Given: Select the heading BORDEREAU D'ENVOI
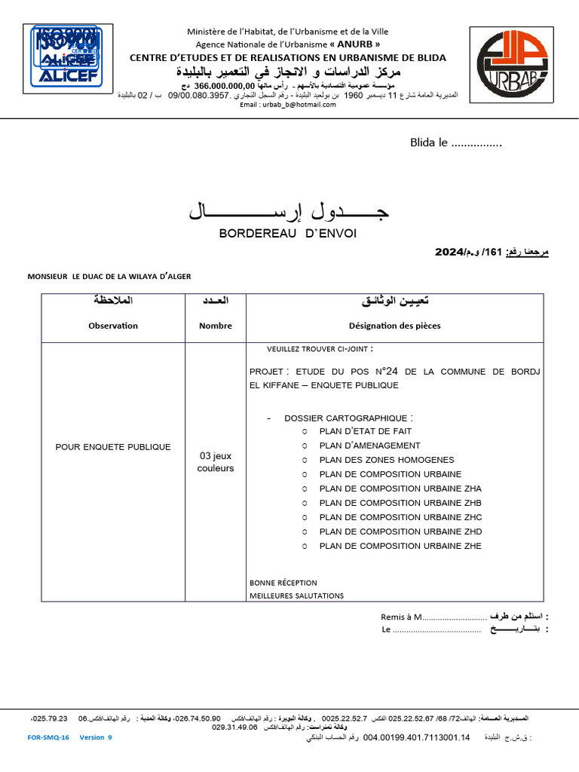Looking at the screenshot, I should click(287, 234).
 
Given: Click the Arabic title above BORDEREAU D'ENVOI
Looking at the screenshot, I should click(289, 212).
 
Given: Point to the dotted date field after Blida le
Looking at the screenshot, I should click(476, 143).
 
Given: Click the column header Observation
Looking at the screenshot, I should click(113, 326).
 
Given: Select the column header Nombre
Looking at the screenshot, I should click(216, 326).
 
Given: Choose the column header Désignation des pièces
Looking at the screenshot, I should click(394, 326).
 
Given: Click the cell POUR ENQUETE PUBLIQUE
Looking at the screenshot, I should click(113, 447).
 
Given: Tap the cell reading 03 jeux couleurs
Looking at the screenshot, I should click(216, 461).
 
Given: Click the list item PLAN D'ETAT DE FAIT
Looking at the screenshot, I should click(365, 431).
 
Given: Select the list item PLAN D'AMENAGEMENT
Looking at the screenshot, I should click(369, 446).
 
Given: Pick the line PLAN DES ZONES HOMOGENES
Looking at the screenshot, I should click(387, 460).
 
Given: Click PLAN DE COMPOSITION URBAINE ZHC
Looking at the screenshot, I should click(400, 517).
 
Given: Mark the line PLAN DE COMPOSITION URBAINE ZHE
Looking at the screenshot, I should click(400, 546).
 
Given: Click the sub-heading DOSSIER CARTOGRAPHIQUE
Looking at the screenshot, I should click(348, 418).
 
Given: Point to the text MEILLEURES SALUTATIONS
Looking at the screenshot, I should click(296, 596).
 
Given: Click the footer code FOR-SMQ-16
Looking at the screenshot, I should click(48, 738).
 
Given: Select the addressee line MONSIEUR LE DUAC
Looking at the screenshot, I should click(109, 277).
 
